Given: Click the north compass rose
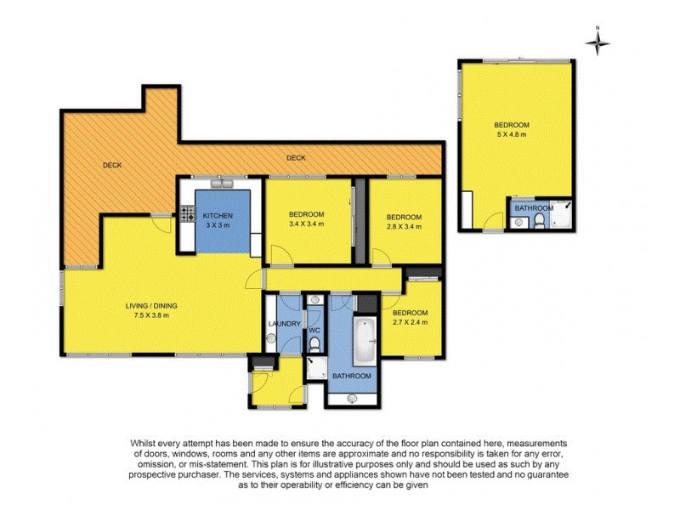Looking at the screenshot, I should pyautogui.click(x=598, y=40).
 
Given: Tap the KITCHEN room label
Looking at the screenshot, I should pyautogui.click(x=218, y=216).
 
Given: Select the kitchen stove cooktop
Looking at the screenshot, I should pyautogui.click(x=187, y=215).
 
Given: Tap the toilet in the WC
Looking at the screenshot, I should pyautogui.click(x=314, y=343).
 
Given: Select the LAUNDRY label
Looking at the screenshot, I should pyautogui.click(x=284, y=324).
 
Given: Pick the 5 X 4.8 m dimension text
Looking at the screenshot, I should pyautogui.click(x=513, y=134).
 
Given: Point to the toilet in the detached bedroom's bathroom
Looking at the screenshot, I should pyautogui.click(x=540, y=223).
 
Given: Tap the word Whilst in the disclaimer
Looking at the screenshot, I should pyautogui.click(x=146, y=443).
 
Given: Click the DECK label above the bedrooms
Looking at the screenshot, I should pyautogui.click(x=296, y=158).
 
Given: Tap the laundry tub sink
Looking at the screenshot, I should pyautogui.click(x=271, y=338).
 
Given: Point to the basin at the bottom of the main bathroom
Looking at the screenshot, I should pyautogui.click(x=352, y=396).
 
